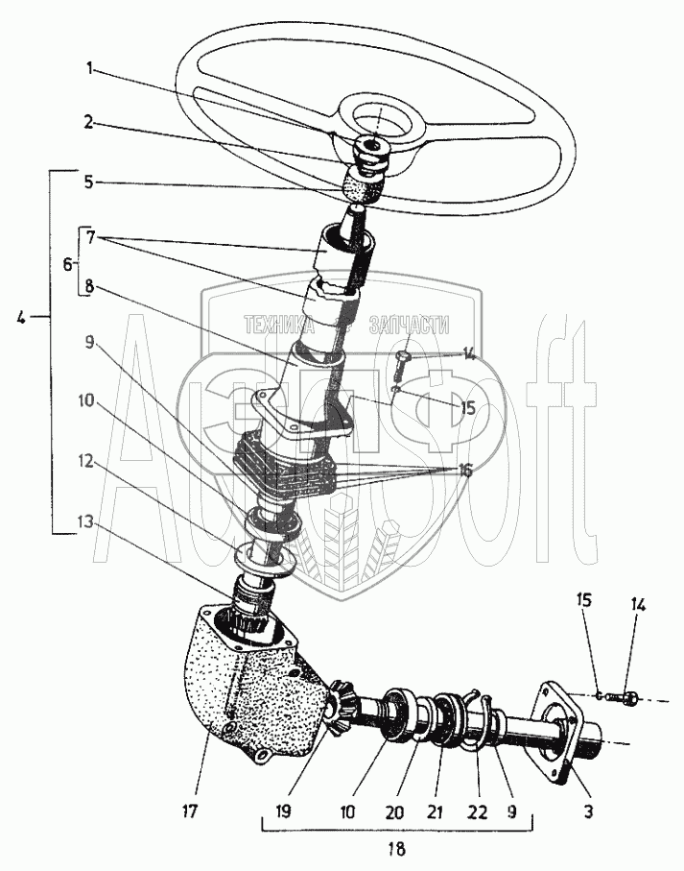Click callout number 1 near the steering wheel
(90, 68)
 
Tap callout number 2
(89, 122)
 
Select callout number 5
(89, 181)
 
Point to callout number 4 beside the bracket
(20, 319)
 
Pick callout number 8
(89, 287)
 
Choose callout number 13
(86, 522)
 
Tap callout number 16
(464, 472)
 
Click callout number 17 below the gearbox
(189, 811)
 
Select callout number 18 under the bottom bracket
(396, 848)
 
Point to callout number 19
(282, 811)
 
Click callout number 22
(477, 811)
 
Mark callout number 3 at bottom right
(589, 811)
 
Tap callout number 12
(87, 462)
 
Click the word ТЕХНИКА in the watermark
(279, 325)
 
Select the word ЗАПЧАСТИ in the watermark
(410, 325)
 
